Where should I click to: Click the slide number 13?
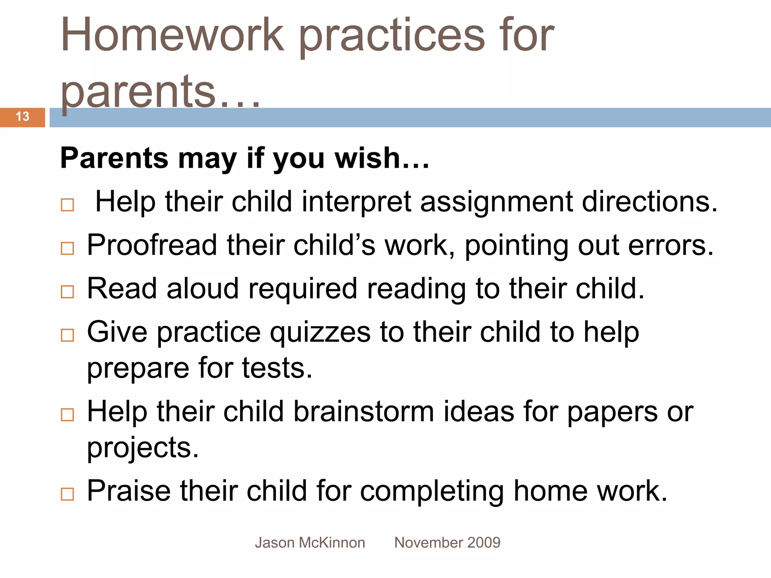coord(23,117)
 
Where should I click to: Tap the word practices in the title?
coord(392,38)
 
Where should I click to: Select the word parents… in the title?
coord(160,92)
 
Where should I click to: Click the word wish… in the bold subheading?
coord(382,158)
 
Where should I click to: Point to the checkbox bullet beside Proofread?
coord(67,248)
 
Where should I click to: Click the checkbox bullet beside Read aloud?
coord(67,292)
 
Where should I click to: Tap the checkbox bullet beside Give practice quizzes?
coord(67,335)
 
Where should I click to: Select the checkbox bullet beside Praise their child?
coord(67,494)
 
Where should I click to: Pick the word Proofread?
coord(152,245)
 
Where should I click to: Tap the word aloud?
coord(203,289)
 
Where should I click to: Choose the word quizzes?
coord(320,333)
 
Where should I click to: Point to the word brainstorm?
coord(363,412)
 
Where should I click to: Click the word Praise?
coord(129,491)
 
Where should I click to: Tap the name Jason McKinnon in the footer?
coord(310,543)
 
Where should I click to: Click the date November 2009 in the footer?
coord(447,543)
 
